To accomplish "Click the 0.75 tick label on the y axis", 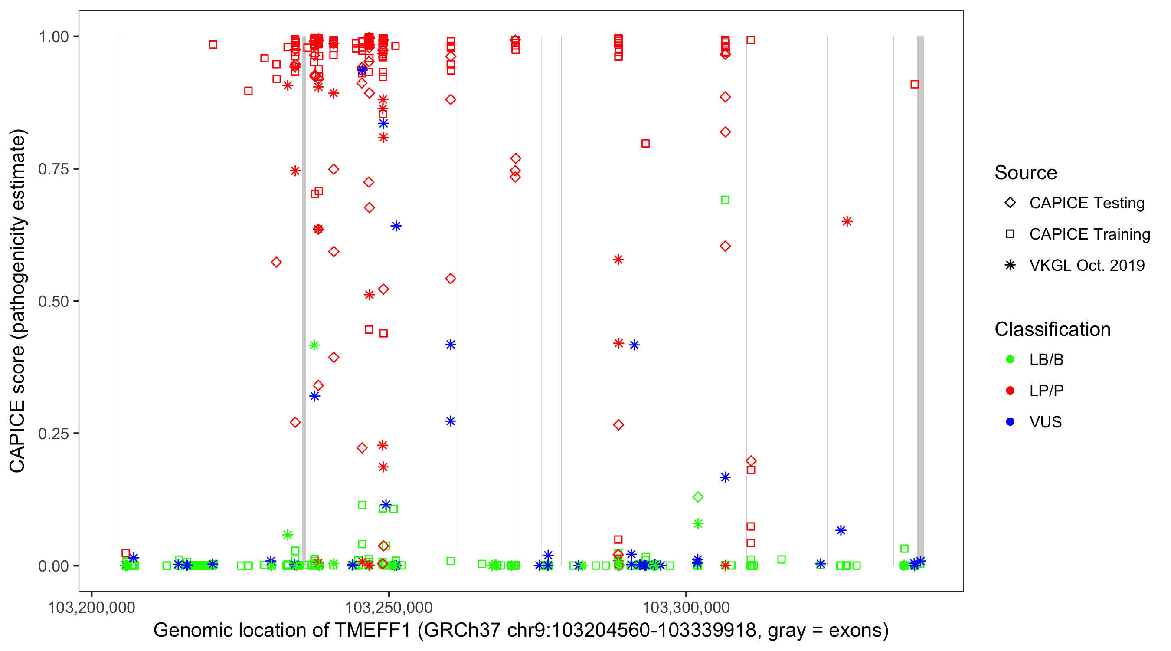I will click(x=53, y=169).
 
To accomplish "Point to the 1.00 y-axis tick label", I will click(x=53, y=36).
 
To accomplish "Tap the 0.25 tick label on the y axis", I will click(x=53, y=434).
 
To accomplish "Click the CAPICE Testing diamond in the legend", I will click(x=1010, y=203).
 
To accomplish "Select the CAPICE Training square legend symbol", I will click(x=1010, y=234).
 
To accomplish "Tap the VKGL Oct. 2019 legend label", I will click(x=1086, y=265).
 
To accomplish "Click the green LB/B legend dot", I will click(x=1010, y=359).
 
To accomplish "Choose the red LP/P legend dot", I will click(x=1010, y=391).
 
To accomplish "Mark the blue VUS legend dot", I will click(x=1010, y=422).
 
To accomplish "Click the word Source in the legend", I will click(x=1026, y=173).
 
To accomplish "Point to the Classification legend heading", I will click(x=1052, y=329).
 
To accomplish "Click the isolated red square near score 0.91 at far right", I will click(x=915, y=84).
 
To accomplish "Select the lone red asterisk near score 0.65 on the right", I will click(x=847, y=221).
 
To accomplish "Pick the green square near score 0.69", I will click(x=726, y=200).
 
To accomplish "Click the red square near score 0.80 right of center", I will click(x=645, y=143).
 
